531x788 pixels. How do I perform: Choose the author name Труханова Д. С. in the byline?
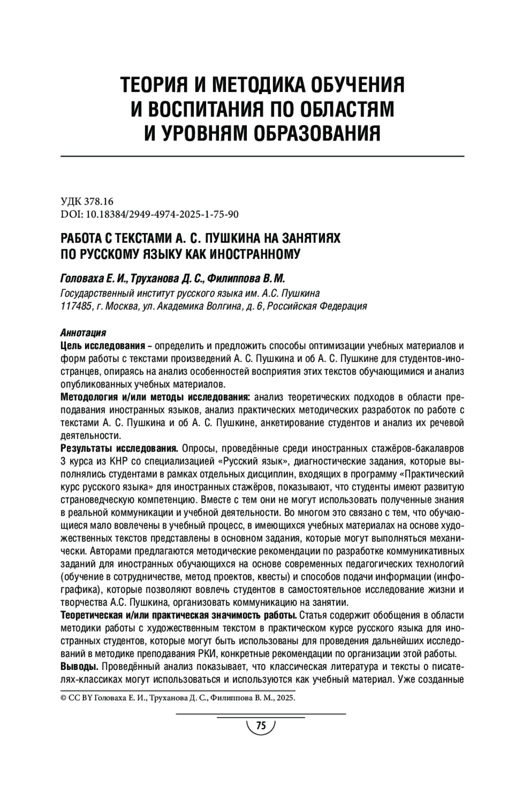[169, 279]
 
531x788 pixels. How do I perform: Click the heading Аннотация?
[83, 333]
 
